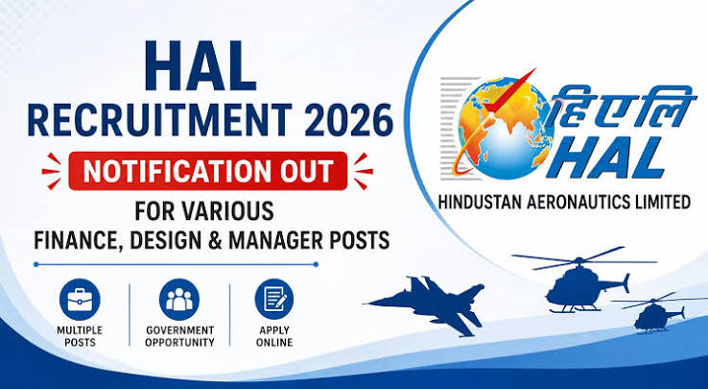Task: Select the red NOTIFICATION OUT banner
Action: coord(208,171)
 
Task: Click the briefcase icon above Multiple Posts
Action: coord(80,300)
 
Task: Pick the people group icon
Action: coord(179,300)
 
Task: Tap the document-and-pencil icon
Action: coord(274,300)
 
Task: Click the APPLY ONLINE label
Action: coord(274,336)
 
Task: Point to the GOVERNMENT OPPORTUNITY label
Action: coord(179,336)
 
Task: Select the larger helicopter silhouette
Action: coord(582,280)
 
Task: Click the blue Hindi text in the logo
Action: coord(624,105)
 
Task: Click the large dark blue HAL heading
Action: coord(201,66)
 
